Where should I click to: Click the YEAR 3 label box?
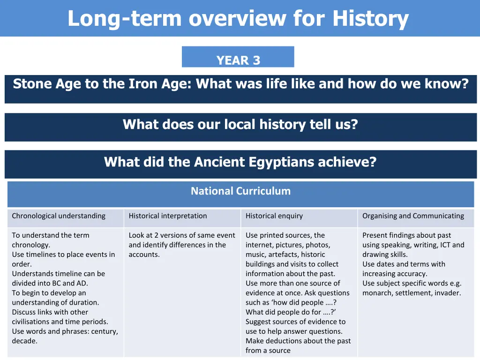(238, 57)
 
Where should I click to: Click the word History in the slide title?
(370, 19)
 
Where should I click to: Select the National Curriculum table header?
(240, 191)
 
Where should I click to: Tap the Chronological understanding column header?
(59, 216)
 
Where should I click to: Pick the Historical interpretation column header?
(167, 216)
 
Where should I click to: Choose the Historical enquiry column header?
(274, 216)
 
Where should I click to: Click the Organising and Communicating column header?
(413, 216)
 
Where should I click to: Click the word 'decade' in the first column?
(24, 341)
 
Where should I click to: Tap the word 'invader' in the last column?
(447, 293)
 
